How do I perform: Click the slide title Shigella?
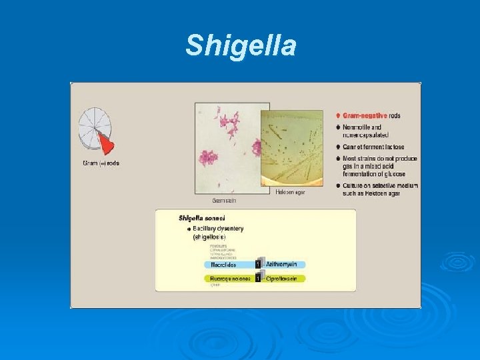[x=240, y=46]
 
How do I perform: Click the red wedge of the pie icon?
[x=105, y=141]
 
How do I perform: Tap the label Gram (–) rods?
[x=101, y=163]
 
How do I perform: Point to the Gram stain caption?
[x=223, y=200]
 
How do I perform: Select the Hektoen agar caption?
[x=291, y=192]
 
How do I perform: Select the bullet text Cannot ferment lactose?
[x=374, y=147]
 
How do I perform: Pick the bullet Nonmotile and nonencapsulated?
[x=367, y=131]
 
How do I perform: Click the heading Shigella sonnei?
[x=201, y=218]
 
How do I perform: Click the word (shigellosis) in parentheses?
[x=209, y=237]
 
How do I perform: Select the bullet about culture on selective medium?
[x=377, y=189]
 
